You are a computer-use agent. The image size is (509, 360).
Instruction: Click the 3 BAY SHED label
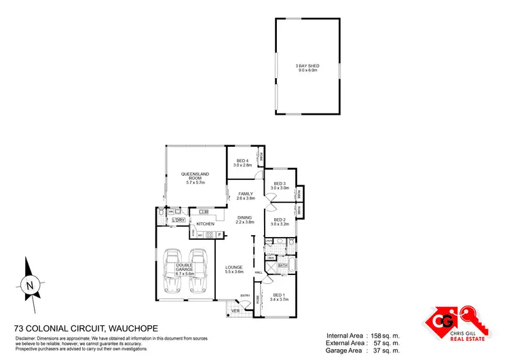307,66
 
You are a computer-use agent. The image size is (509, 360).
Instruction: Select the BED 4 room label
242,161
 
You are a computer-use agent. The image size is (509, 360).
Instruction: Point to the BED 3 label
280,183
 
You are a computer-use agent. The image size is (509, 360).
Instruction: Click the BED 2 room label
279,219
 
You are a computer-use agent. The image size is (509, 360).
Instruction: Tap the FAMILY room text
246,194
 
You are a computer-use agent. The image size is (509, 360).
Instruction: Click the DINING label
244,218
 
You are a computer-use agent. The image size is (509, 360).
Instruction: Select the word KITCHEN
206,224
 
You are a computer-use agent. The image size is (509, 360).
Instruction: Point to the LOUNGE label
234,268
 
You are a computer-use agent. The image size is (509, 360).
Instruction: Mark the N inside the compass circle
29,286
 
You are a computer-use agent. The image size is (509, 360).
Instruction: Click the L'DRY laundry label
179,220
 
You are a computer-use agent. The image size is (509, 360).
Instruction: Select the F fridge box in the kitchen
220,235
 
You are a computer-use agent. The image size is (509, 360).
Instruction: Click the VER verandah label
236,312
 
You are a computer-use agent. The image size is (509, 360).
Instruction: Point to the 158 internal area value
379,336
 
